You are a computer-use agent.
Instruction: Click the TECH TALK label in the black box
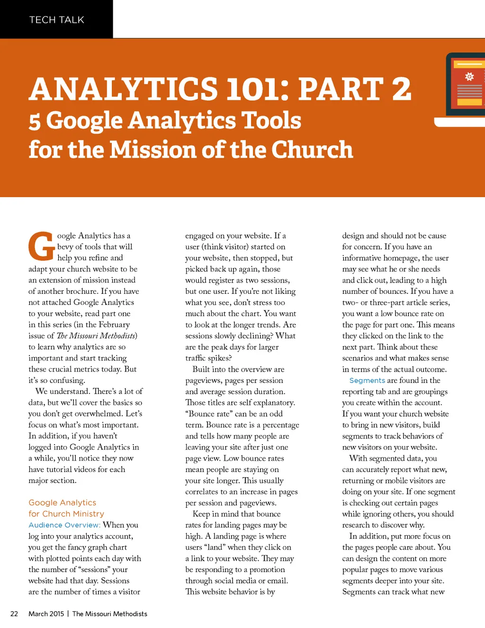point(57,20)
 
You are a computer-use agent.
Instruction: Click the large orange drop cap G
point(41,246)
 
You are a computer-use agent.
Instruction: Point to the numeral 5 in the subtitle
point(35,121)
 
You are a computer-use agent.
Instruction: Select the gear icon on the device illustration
point(469,76)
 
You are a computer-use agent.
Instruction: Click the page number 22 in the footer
point(14,614)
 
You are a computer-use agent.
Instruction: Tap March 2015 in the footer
point(46,614)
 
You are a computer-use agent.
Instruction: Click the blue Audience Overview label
point(64,525)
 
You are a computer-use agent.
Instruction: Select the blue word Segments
point(367,381)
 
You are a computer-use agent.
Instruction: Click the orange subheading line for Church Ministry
point(66,514)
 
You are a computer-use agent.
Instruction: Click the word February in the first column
point(114,325)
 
